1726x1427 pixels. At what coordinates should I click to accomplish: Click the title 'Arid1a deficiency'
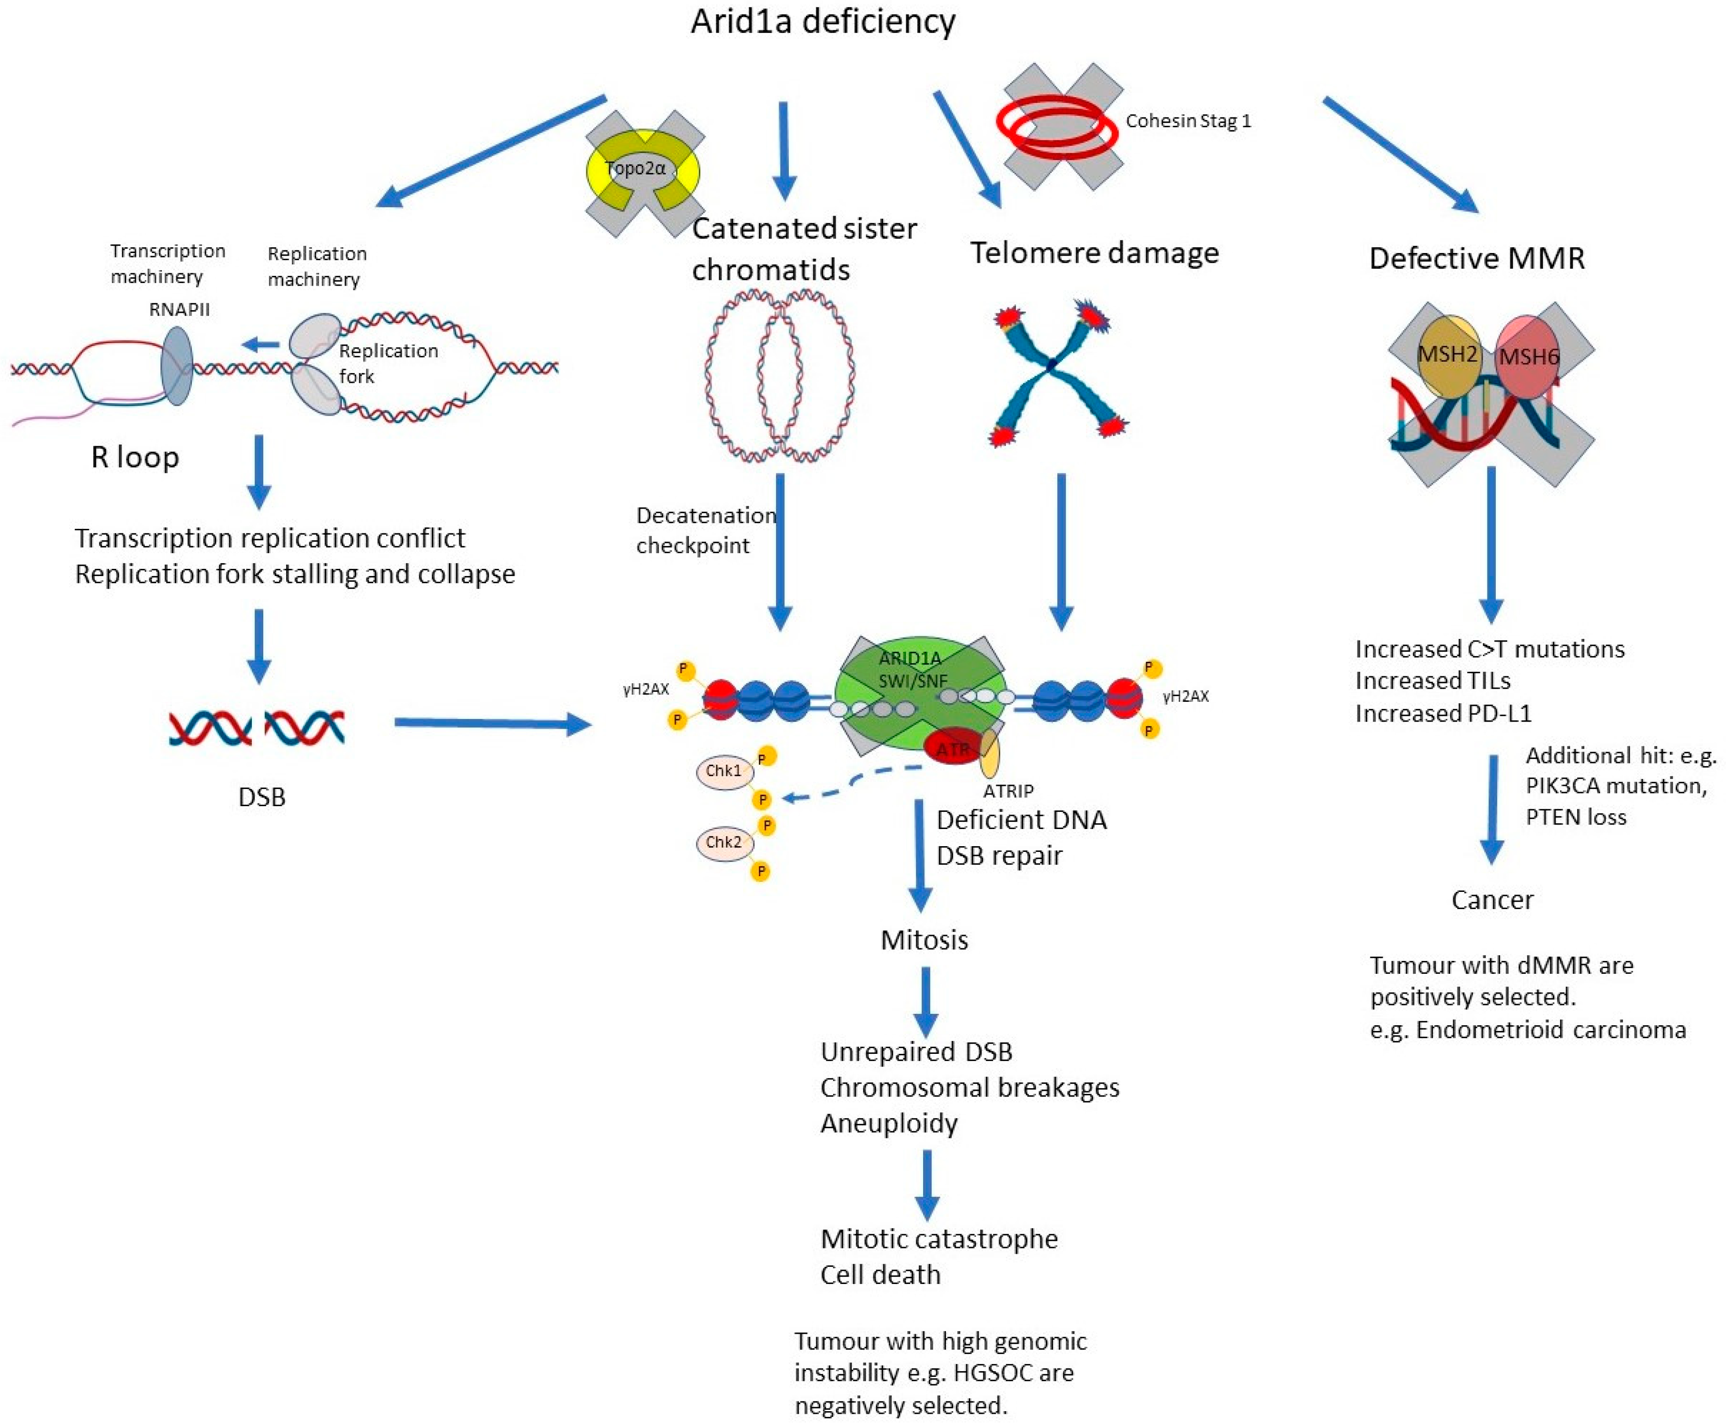[x=823, y=22]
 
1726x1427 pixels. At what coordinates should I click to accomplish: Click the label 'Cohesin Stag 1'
[x=1188, y=121]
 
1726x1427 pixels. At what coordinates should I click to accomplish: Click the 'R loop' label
[x=135, y=457]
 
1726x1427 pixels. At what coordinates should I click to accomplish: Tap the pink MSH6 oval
[x=1527, y=357]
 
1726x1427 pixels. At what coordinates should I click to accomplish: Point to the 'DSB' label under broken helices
[x=261, y=797]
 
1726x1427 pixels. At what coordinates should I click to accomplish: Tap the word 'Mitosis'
[x=924, y=940]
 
